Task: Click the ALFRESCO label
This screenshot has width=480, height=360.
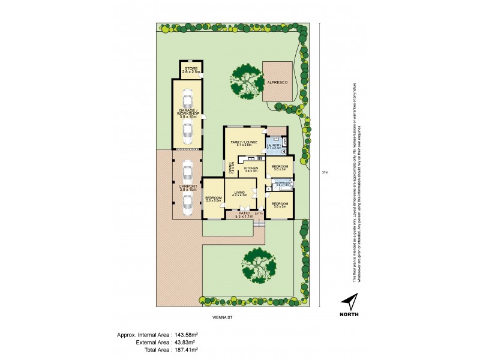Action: tap(278, 82)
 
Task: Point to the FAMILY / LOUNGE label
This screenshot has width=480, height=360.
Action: tap(244, 142)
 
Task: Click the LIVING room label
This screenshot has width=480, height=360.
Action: tap(240, 193)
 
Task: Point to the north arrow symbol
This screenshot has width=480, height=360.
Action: tap(350, 302)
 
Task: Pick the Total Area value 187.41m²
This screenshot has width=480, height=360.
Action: tap(186, 349)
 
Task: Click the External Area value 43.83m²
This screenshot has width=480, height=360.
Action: tap(186, 341)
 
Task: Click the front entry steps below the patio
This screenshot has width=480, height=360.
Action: tap(259, 223)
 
